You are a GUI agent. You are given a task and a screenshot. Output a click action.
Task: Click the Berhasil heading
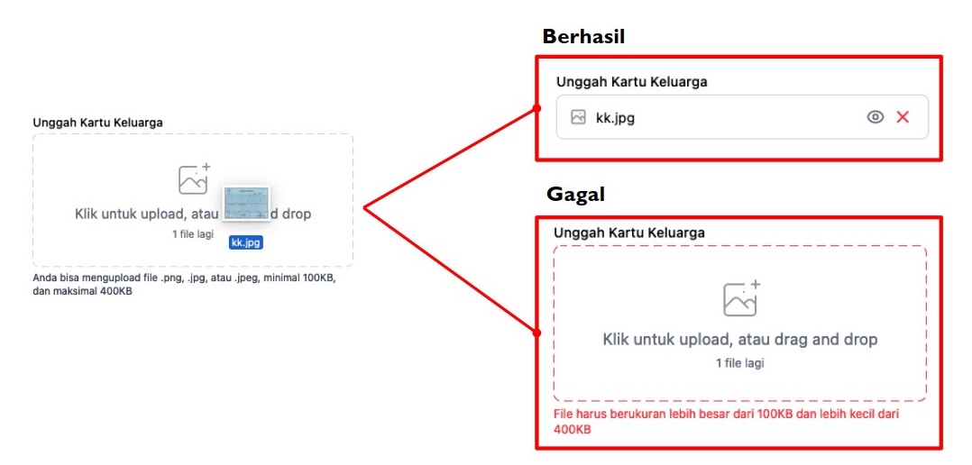tap(583, 37)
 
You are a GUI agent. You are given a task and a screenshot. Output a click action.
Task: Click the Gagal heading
tap(575, 195)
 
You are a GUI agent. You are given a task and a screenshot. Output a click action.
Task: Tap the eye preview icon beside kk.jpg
tap(875, 117)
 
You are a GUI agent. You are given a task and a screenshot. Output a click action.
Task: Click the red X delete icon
tap(903, 117)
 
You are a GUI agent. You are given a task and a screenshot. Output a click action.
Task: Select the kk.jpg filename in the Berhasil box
tap(615, 118)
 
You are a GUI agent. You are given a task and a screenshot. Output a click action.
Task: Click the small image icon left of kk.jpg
tap(578, 117)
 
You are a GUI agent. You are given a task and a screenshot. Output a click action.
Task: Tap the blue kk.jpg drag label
tap(245, 242)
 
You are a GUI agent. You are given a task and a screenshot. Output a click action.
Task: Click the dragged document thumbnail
tap(245, 203)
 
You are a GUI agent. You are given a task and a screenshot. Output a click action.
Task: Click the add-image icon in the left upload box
tap(194, 179)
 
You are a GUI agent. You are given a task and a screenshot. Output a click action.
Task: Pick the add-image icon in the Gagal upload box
tap(742, 297)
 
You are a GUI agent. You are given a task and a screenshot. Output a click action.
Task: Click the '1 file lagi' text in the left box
tap(193, 234)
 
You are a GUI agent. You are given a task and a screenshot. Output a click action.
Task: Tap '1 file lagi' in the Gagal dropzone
tap(740, 363)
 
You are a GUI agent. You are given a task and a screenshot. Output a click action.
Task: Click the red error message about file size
tap(726, 421)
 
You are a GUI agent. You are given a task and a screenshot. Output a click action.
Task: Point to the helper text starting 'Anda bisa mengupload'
tap(184, 285)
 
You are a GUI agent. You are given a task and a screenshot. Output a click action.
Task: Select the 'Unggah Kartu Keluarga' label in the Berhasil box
tap(632, 82)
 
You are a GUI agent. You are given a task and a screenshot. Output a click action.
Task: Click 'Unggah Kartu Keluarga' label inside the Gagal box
tap(629, 232)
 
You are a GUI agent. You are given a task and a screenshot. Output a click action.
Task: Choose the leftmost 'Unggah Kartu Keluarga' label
tap(98, 123)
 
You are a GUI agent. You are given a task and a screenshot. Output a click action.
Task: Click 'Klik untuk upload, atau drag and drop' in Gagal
tap(740, 340)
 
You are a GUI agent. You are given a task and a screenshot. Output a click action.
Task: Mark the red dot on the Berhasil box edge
tap(536, 108)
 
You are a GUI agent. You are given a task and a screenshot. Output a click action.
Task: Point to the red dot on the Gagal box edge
tap(536, 333)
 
